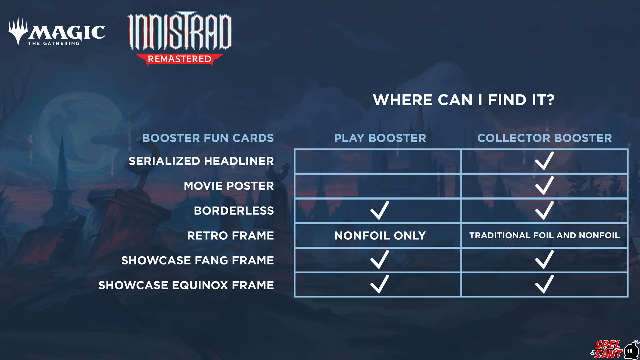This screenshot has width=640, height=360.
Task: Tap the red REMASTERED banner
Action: (179, 59)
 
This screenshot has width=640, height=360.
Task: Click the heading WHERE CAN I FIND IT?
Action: (464, 100)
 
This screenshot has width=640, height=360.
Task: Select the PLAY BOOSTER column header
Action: (380, 138)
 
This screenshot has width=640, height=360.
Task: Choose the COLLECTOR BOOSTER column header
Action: (544, 138)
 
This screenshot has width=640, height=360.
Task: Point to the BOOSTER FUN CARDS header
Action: (208, 138)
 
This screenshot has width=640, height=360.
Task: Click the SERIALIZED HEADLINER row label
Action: (201, 161)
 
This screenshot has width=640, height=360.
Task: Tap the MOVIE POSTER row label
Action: (229, 186)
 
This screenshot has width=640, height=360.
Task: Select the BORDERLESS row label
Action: (234, 211)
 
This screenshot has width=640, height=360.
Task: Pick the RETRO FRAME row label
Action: (230, 236)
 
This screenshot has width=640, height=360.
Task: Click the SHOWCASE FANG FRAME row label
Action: (197, 260)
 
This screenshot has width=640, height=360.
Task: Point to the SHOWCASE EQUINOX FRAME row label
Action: (186, 285)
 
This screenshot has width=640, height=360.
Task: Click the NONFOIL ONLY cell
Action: (380, 236)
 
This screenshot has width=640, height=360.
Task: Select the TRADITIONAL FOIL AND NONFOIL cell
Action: (544, 235)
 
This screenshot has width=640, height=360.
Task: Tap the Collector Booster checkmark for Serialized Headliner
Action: (544, 161)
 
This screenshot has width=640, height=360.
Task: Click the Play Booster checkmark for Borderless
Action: (379, 211)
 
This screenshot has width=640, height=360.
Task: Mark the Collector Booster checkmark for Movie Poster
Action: (544, 186)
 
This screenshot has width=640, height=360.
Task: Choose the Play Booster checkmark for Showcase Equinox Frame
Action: (379, 285)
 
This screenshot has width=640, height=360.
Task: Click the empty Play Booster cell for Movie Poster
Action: (378, 186)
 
